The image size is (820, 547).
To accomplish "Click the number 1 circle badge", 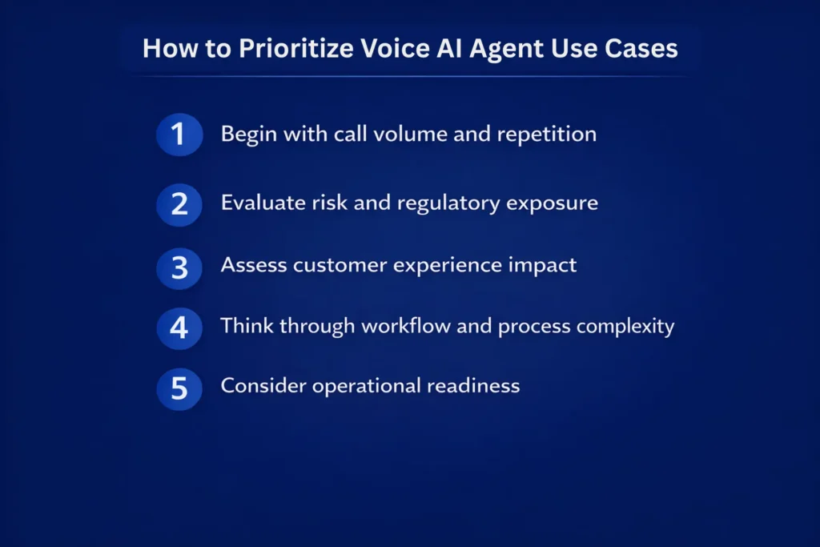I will click(x=179, y=133).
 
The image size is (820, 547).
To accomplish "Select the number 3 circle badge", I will click(x=179, y=266).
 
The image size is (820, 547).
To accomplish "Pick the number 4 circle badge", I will click(x=179, y=327).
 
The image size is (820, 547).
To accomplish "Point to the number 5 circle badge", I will click(x=179, y=387).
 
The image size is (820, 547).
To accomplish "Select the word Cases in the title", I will click(x=642, y=48).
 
